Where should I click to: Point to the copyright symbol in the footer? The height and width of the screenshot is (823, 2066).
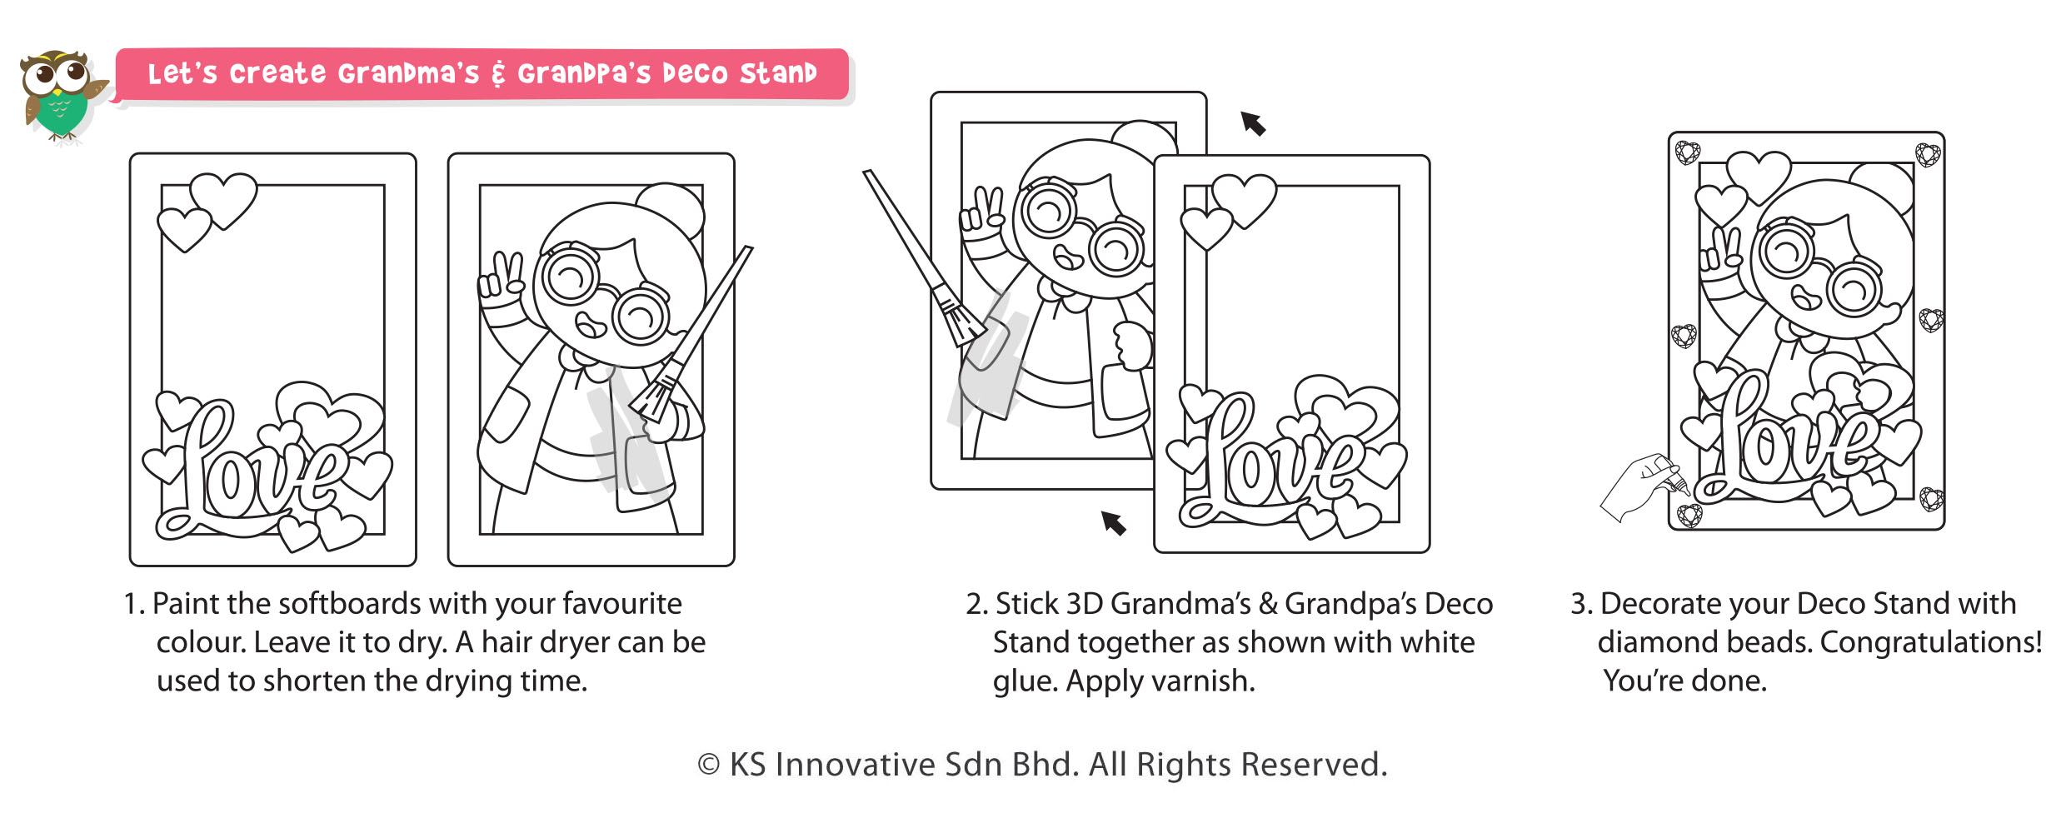coord(708,765)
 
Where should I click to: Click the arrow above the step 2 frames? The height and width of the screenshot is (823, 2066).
coord(1253,123)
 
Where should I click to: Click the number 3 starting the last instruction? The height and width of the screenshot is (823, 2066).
coord(1577,604)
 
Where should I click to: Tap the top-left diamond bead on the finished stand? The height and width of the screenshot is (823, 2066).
coord(1688,153)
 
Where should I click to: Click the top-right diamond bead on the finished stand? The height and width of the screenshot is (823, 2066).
coord(1928,155)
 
